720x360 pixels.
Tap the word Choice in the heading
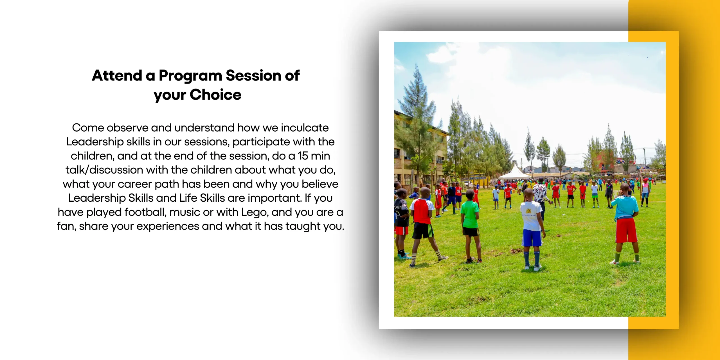coord(215,94)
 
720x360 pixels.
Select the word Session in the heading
coord(253,75)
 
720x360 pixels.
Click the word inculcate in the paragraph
coord(305,128)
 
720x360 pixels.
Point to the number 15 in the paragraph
coord(303,156)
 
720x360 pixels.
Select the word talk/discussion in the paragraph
coord(104,170)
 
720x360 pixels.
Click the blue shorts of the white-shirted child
coord(532,238)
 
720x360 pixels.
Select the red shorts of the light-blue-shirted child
coord(626,230)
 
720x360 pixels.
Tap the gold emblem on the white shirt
coord(529,211)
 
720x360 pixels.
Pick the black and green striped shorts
coord(423,231)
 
